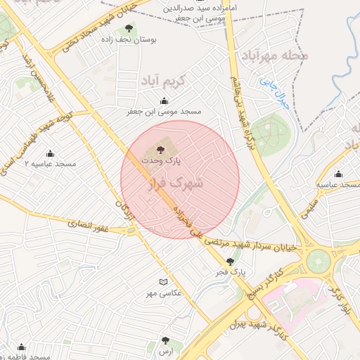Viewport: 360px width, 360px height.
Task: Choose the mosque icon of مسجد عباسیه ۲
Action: tap(50, 153)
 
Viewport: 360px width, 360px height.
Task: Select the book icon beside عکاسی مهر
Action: tap(163, 281)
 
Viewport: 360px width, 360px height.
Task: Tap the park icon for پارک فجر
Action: tap(230, 262)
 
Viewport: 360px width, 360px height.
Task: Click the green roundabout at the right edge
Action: tap(321, 260)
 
